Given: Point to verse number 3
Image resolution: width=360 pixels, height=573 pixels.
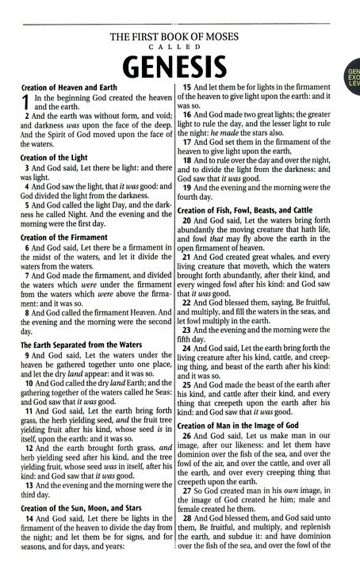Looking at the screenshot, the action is [x=28, y=170].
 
